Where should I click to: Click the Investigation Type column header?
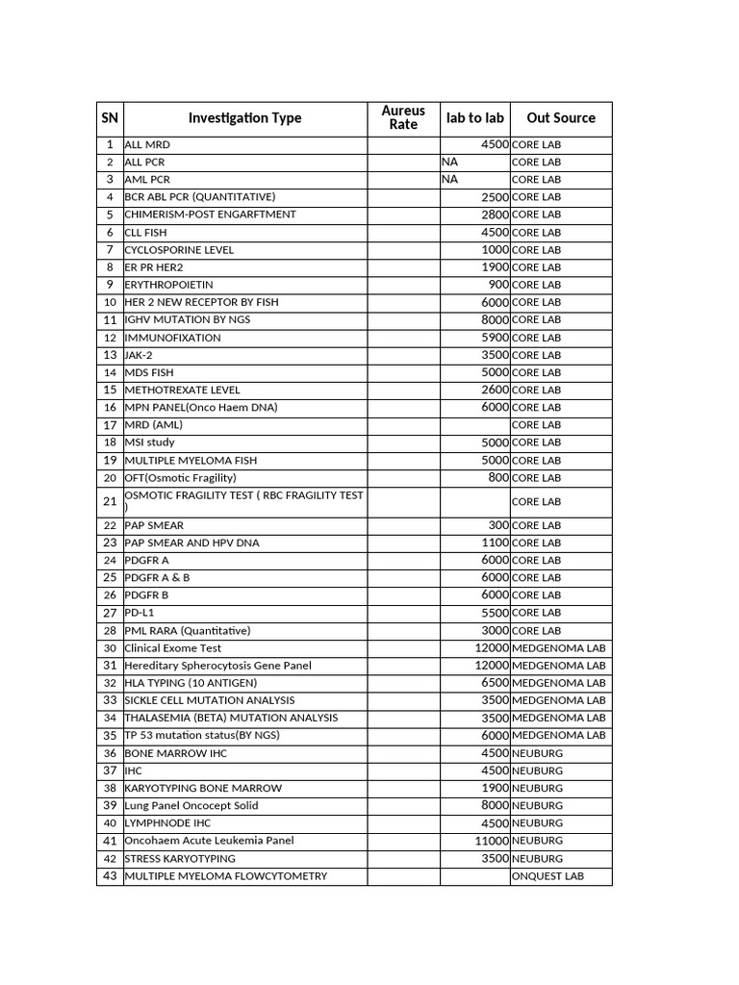[x=244, y=118]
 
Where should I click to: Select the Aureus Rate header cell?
[x=403, y=118]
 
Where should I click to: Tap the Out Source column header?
[x=561, y=118]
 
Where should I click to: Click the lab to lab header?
[x=474, y=118]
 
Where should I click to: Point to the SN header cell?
[x=110, y=118]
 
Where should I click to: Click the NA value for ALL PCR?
[x=450, y=162]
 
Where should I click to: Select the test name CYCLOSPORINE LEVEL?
[x=179, y=249]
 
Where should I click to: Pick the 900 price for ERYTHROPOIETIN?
[x=498, y=285]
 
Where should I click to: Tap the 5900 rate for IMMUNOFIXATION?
[x=495, y=338]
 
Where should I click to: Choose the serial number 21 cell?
[x=110, y=501]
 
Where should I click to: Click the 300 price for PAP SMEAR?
[x=498, y=525]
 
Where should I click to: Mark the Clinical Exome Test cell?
[x=173, y=647]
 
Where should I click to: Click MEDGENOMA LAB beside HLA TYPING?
[x=559, y=683]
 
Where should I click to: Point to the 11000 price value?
[x=491, y=840]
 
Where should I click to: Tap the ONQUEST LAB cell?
[x=548, y=876]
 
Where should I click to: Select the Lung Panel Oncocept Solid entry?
[x=191, y=805]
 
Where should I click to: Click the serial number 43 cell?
[x=110, y=876]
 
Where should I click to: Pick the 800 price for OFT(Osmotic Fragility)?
[x=498, y=477]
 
